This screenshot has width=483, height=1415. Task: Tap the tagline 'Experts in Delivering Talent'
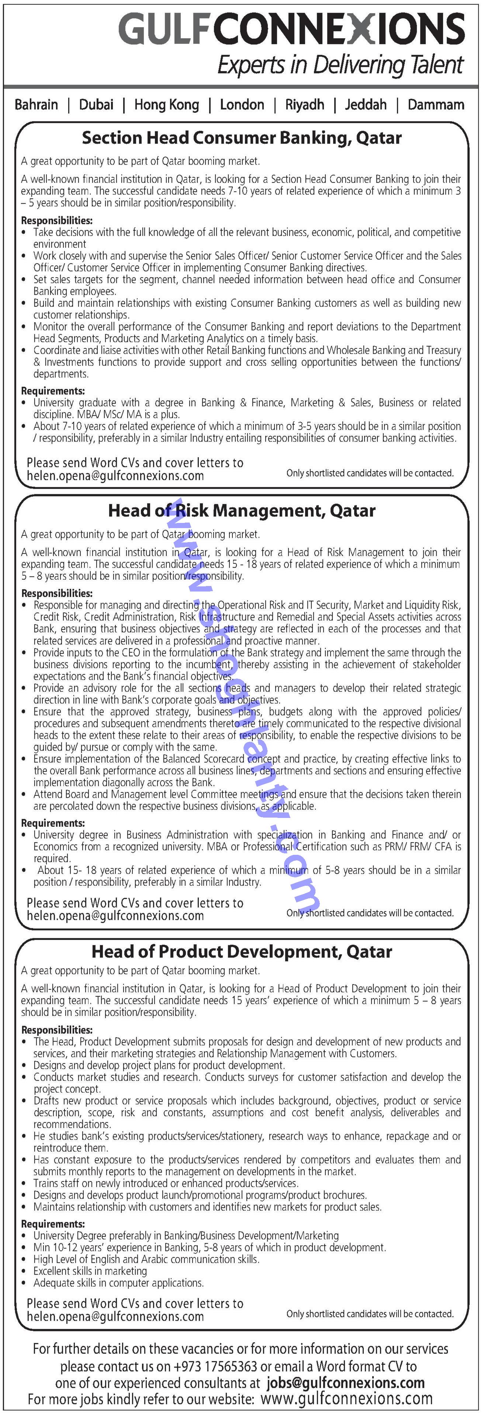coord(340,65)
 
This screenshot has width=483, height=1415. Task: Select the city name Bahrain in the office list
coord(36,105)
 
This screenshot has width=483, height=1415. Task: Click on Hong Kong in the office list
coord(166,105)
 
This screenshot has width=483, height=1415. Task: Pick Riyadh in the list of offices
coord(304,105)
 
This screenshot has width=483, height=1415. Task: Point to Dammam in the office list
coord(436,105)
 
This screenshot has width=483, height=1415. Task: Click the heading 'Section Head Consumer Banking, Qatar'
coord(242,138)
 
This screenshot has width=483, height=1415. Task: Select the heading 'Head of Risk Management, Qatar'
coord(242,511)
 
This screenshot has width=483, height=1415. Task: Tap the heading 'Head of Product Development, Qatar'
coord(242,952)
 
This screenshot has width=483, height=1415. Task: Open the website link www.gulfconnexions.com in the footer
coord(346,1399)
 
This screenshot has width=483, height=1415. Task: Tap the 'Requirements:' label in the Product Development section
coord(53,1224)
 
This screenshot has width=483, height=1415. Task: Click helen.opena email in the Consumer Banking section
coord(115,476)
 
